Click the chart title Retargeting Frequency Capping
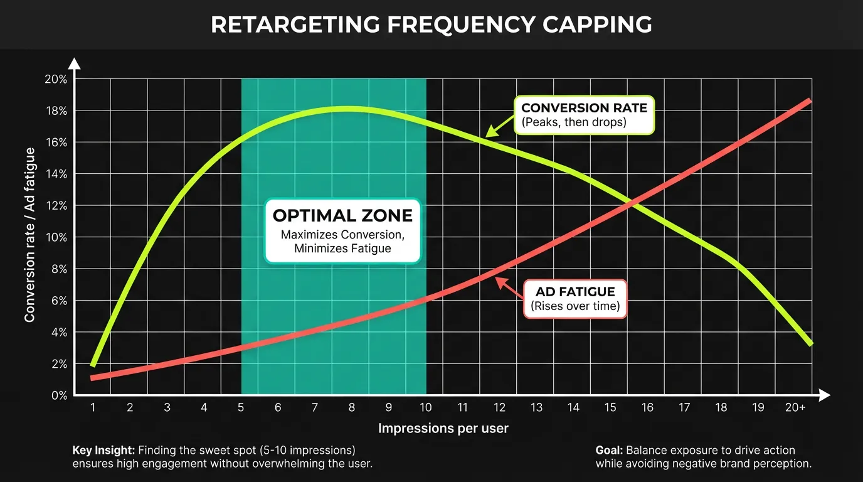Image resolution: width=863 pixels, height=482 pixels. pos(431,24)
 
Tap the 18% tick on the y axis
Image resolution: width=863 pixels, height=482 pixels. pos(56,111)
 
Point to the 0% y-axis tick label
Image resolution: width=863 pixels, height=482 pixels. pos(58,395)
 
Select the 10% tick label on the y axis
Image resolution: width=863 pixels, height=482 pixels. pos(56,238)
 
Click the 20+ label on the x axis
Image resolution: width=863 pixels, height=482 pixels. pos(795,408)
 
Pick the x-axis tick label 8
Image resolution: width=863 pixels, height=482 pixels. pos(352,408)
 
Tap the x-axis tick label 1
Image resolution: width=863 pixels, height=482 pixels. pos(93,408)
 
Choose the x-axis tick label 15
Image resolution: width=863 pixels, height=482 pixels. pos(610,408)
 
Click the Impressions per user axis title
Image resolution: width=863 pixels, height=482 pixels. pos(443,429)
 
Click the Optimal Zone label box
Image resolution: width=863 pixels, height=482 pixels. pos(343,231)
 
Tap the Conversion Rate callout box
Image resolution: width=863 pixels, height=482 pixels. pos(583,114)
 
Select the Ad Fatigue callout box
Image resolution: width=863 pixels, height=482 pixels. pos(575,299)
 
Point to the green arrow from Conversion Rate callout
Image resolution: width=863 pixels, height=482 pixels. pos(500,126)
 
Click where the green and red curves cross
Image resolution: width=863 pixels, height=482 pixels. pos(635,202)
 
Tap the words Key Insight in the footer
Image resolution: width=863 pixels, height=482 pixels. pos(103,450)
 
